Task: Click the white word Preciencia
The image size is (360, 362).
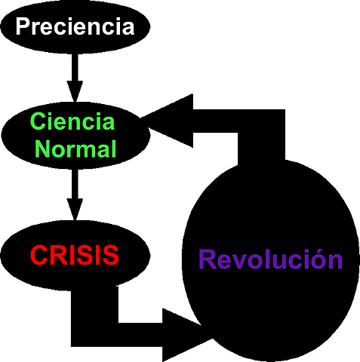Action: pyautogui.click(x=75, y=27)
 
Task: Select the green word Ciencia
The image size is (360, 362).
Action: pyautogui.click(x=73, y=122)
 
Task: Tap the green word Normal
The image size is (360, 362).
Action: pyautogui.click(x=73, y=149)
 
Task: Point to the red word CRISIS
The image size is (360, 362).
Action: pyautogui.click(x=75, y=255)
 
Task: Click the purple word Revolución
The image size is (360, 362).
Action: pyautogui.click(x=270, y=259)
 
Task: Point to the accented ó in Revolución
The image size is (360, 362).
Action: pyautogui.click(x=318, y=259)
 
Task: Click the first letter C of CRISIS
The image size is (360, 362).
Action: pyautogui.click(x=39, y=255)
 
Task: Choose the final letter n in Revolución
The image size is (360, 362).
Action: pyautogui.click(x=335, y=261)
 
